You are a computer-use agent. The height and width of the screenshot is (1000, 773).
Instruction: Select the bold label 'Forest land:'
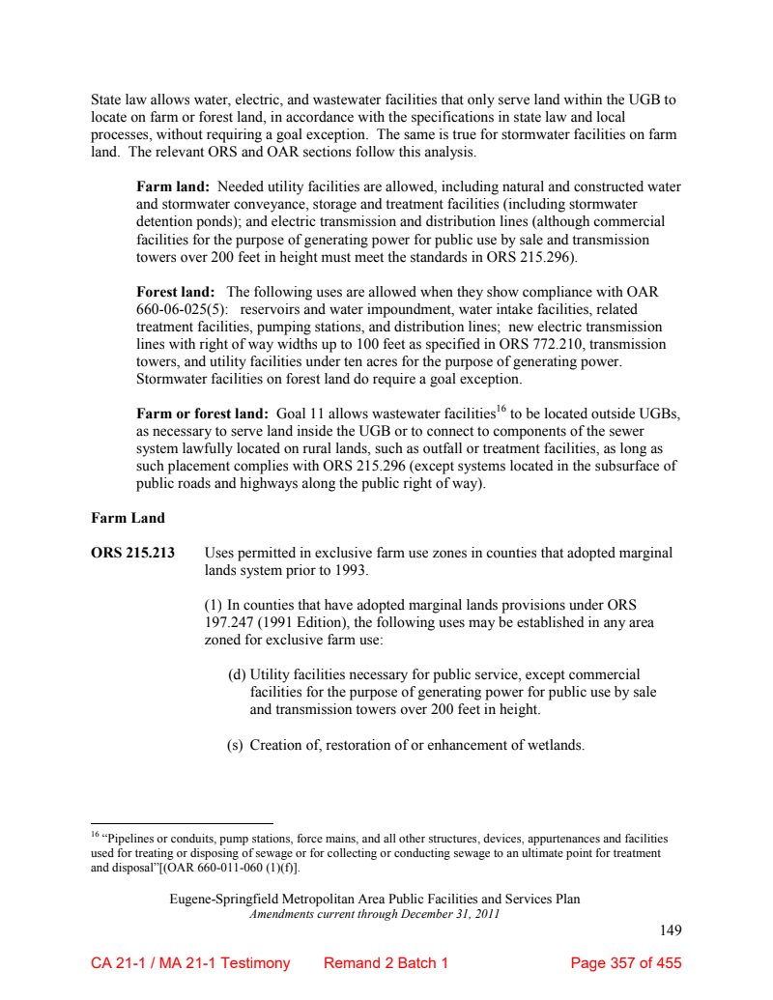click(x=176, y=292)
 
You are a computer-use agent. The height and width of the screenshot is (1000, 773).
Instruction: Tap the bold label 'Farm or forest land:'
click(x=202, y=414)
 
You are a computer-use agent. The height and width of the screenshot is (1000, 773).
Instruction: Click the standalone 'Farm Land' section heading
click(x=128, y=518)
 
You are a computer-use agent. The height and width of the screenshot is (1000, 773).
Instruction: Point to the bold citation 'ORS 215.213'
click(x=132, y=554)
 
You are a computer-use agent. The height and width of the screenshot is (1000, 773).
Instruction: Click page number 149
click(x=671, y=930)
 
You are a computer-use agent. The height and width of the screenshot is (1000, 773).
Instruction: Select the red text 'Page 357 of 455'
click(x=626, y=963)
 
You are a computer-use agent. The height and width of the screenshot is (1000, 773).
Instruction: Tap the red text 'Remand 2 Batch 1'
click(x=386, y=963)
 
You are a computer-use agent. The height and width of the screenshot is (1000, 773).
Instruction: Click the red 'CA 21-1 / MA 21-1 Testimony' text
click(x=190, y=963)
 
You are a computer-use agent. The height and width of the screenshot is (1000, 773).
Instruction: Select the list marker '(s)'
click(x=235, y=745)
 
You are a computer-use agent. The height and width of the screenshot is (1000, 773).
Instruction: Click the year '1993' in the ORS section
click(x=351, y=571)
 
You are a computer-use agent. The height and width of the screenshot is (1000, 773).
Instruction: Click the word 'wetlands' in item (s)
click(x=554, y=745)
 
